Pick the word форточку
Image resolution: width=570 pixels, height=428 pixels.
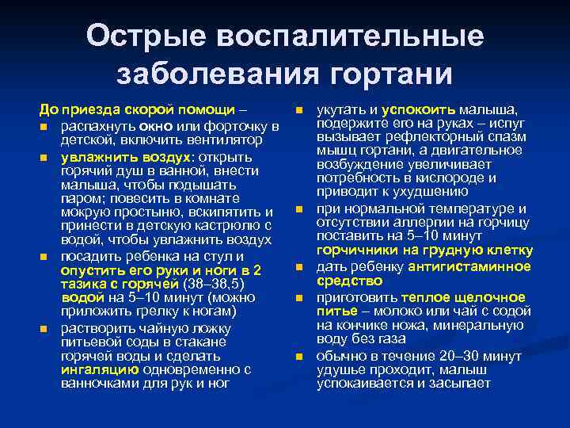pos(239,127)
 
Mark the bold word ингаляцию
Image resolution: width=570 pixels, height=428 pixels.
pos(97,369)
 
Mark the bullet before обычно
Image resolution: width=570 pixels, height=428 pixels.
pos(299,356)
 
